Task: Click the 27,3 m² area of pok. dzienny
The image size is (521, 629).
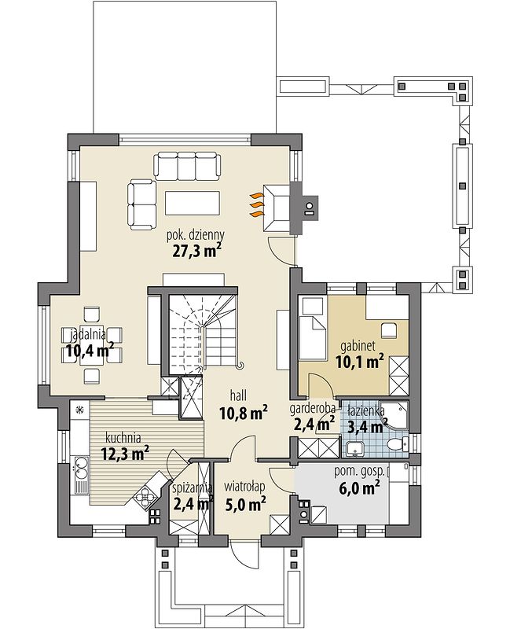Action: pos(197,251)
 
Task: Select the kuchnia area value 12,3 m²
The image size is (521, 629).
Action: pos(125,454)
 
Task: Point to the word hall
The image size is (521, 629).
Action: pos(238,395)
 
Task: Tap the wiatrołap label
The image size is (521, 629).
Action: pos(244,487)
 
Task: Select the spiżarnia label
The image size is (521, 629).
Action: pos(192,487)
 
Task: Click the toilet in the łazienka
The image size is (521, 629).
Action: pos(398,444)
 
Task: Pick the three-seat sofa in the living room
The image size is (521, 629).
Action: pos(188,166)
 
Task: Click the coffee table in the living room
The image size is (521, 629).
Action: pos(193,204)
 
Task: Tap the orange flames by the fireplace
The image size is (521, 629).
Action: pos(257,205)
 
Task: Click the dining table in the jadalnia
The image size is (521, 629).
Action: pos(93,345)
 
